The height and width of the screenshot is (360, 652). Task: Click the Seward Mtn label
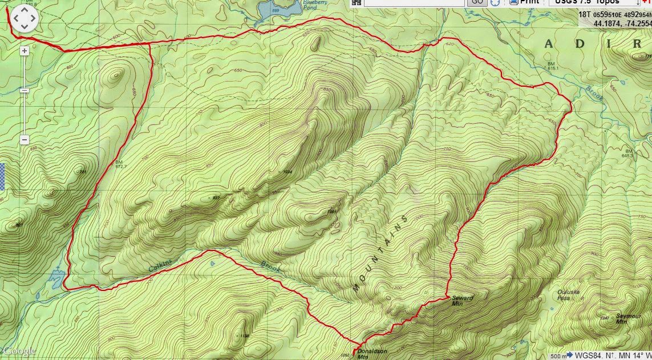(x=462, y=301)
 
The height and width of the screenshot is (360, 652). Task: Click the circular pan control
(x=25, y=19)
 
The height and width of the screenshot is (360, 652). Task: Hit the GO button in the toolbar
(x=477, y=2)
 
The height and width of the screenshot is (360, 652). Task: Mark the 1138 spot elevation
(x=245, y=335)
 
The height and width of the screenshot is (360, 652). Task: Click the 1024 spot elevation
(x=286, y=172)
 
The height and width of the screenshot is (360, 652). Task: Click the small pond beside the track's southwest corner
(x=56, y=278)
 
